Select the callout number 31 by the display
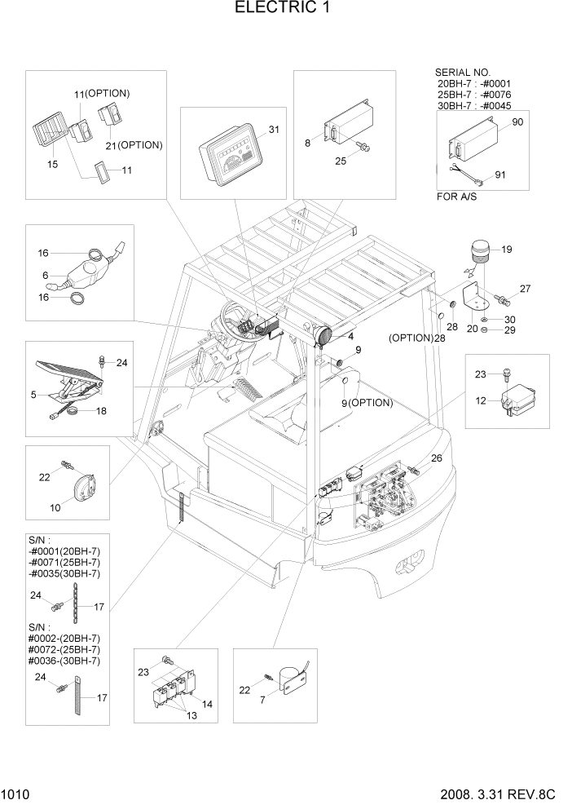pyautogui.click(x=274, y=130)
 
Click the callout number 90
pyautogui.click(x=517, y=122)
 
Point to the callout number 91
pyautogui.click(x=499, y=174)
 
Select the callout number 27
pyautogui.click(x=525, y=288)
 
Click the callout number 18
pyautogui.click(x=101, y=411)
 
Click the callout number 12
pyautogui.click(x=482, y=400)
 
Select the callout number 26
pyautogui.click(x=436, y=458)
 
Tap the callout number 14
pyautogui.click(x=207, y=703)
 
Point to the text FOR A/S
pyautogui.click(x=460, y=197)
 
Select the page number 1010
pyautogui.click(x=15, y=793)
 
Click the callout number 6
pyautogui.click(x=46, y=276)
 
